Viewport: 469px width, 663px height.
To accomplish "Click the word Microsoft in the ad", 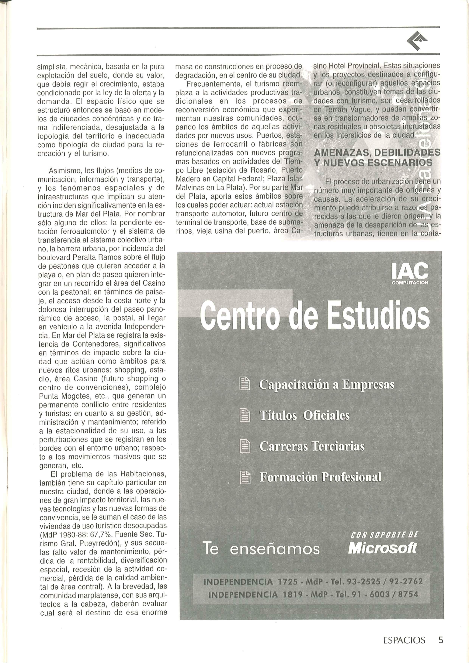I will (x=383, y=548).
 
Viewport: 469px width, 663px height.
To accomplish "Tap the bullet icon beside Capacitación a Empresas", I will (x=245, y=385).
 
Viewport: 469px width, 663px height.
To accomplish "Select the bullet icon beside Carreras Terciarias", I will (x=245, y=447).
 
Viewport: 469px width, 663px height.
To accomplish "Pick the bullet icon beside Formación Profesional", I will (x=245, y=477).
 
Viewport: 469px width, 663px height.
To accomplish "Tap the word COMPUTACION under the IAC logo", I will (x=410, y=283).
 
